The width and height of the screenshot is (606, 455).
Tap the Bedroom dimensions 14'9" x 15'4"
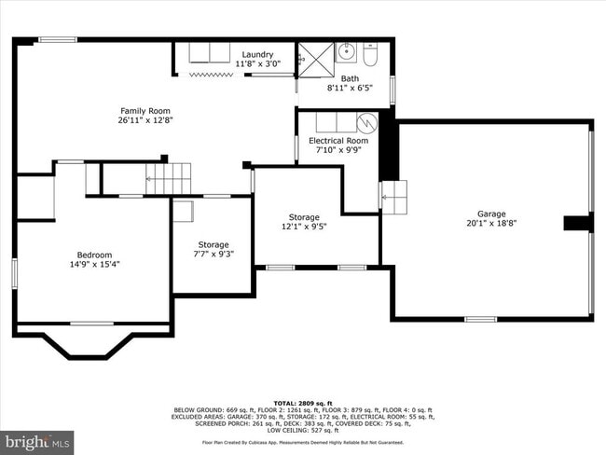tap(94, 265)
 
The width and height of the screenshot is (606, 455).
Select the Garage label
tap(491, 214)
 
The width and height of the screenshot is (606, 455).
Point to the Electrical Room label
tap(338, 141)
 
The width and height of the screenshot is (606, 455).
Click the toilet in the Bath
tap(370, 57)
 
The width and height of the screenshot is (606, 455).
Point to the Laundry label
tap(257, 54)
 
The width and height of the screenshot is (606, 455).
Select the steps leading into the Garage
tap(393, 197)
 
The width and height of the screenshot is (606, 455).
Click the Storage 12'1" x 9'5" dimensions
tap(303, 227)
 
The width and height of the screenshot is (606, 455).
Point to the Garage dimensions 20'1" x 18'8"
tap(491, 224)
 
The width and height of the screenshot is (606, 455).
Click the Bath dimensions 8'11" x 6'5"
tap(350, 89)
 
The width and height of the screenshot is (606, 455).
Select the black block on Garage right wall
tap(578, 223)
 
